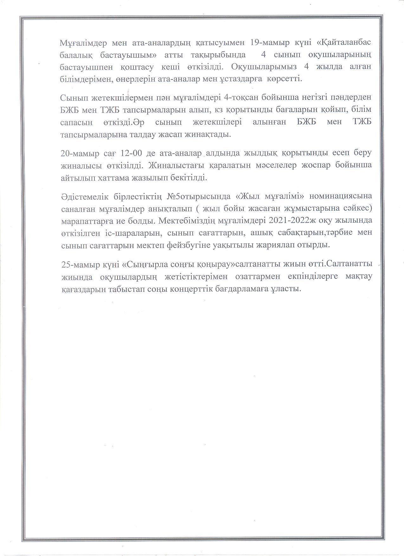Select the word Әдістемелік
84,196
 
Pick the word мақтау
356,276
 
